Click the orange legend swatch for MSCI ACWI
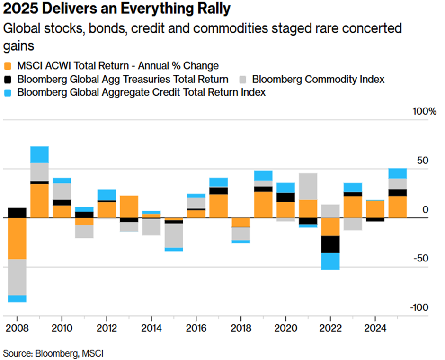[x=8, y=66]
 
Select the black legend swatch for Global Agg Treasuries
[x=8, y=79]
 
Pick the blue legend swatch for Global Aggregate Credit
[x=8, y=92]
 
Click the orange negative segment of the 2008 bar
[x=17, y=238]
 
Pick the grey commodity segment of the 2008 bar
[x=17, y=277]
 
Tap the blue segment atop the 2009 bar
[x=39, y=154]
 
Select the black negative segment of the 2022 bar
[x=330, y=244]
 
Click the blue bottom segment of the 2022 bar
[x=330, y=261]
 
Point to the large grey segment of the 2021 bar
[x=308, y=186]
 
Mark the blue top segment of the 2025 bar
[x=397, y=173]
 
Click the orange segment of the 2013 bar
[x=129, y=207]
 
